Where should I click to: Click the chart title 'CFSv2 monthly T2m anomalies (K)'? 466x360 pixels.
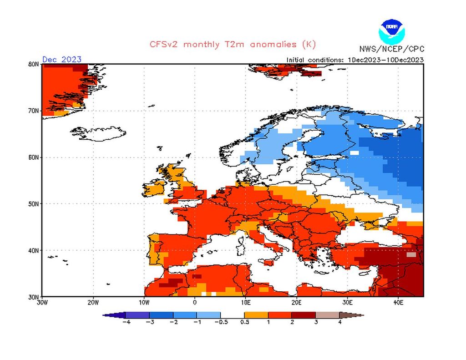[x=233, y=45]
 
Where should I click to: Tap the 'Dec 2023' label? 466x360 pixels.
[x=62, y=59]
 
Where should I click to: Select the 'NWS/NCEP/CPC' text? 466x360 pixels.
[x=390, y=49]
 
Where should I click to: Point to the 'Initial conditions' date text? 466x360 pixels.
[x=355, y=60]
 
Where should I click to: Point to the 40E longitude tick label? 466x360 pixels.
[x=398, y=302]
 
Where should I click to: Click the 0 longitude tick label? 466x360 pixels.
[x=195, y=302]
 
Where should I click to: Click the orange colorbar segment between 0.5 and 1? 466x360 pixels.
[x=256, y=314]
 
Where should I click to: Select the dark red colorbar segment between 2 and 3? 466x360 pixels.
[x=304, y=314]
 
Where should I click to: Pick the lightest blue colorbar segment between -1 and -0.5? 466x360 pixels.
[x=209, y=314]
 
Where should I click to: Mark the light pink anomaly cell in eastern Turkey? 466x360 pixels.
[x=411, y=255]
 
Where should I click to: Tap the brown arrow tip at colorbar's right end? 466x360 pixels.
[x=359, y=314]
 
